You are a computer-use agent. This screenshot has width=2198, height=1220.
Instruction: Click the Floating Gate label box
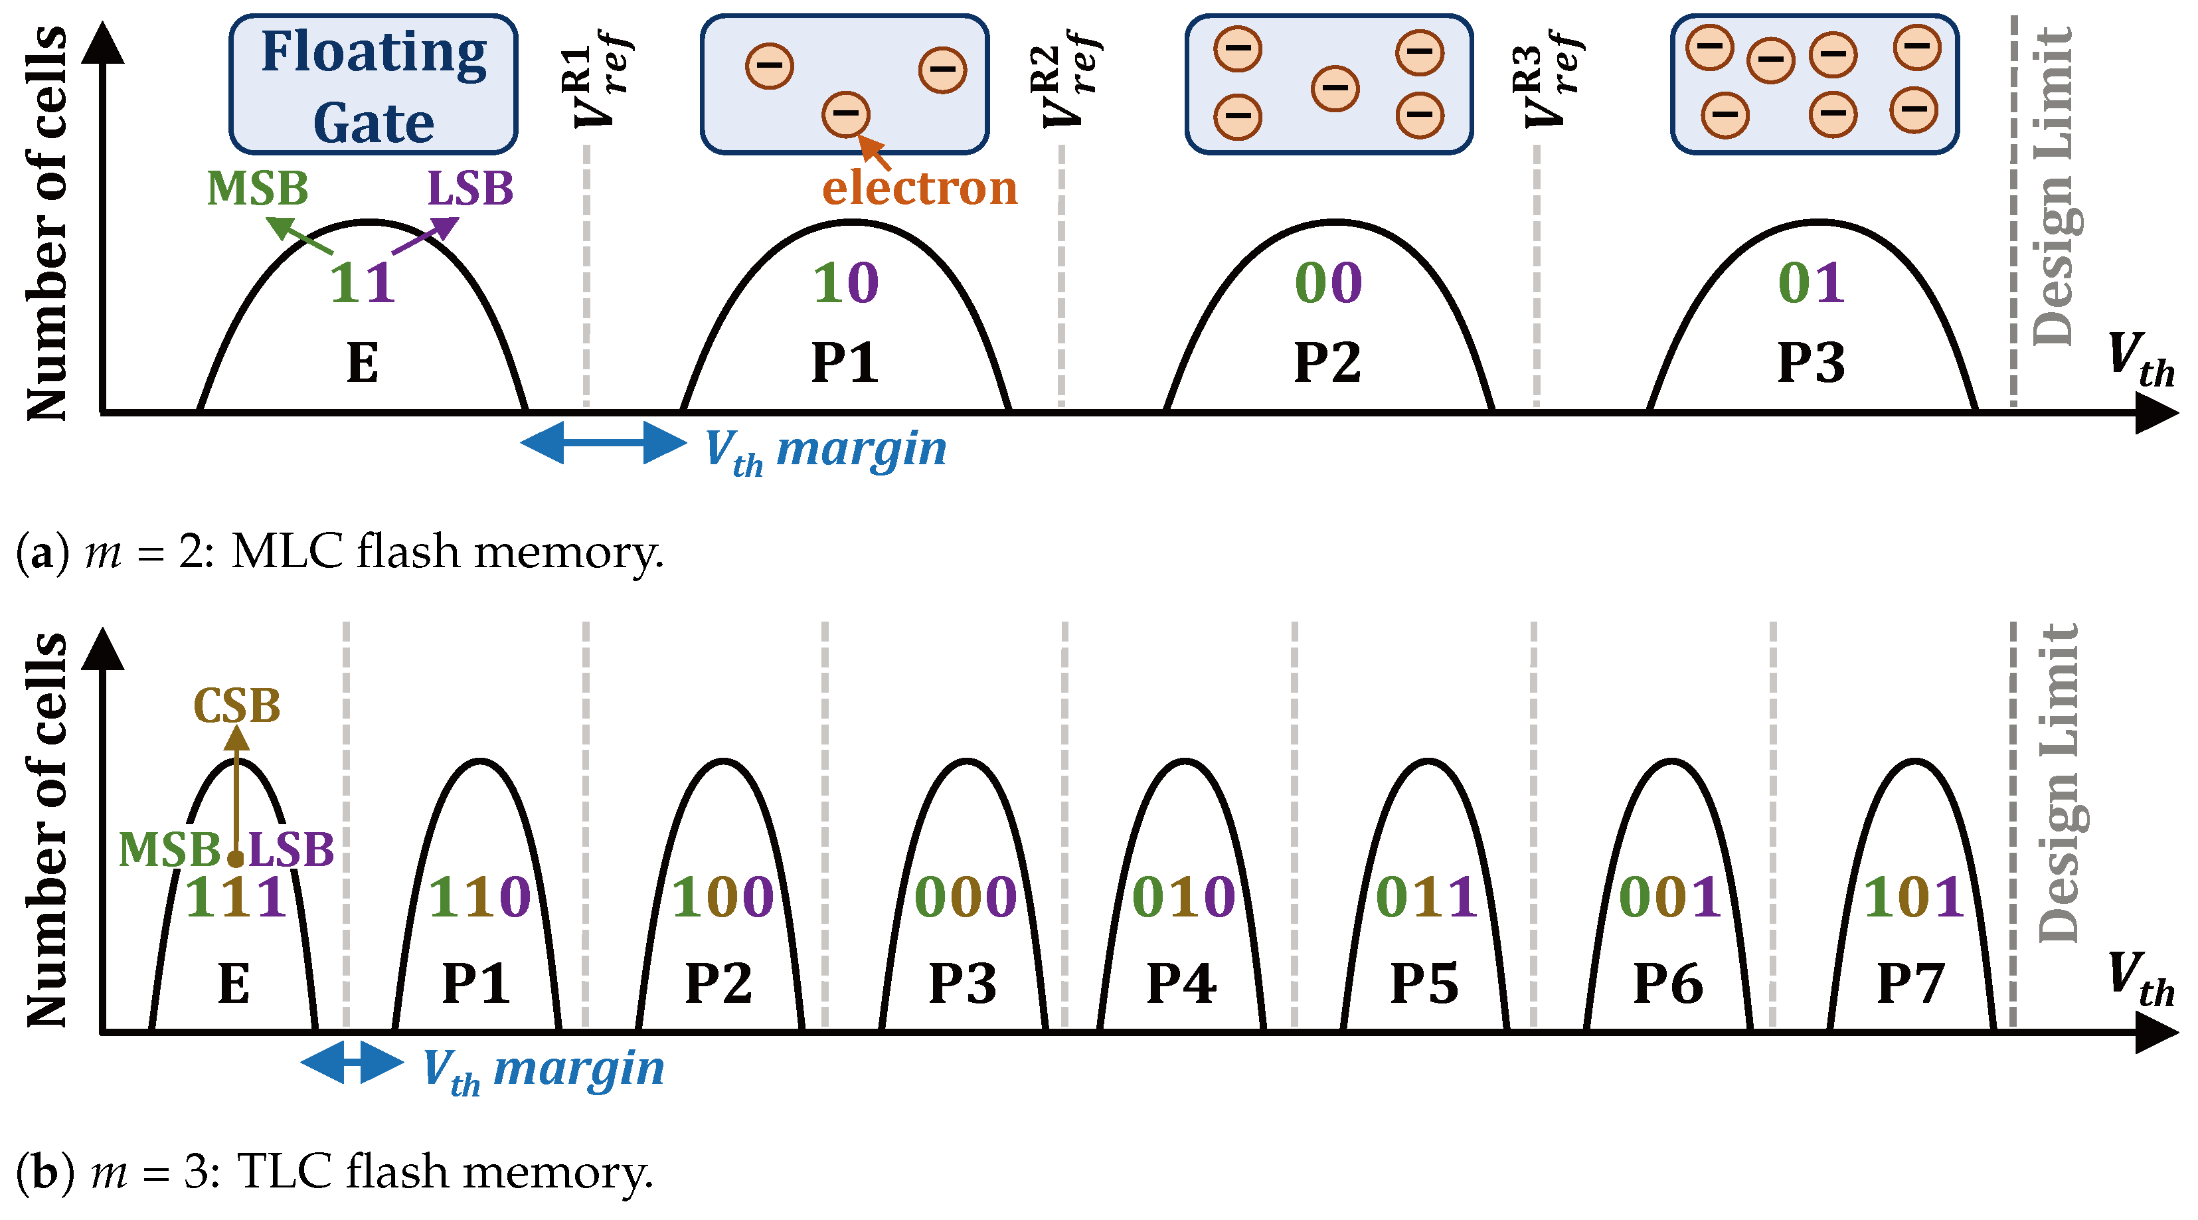point(373,84)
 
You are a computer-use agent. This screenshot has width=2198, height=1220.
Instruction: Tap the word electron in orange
point(919,188)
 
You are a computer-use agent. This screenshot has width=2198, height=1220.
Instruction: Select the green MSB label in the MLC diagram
point(257,189)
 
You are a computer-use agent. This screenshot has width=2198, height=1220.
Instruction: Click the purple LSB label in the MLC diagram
point(470,189)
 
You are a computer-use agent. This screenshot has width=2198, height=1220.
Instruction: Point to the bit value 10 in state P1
point(845,283)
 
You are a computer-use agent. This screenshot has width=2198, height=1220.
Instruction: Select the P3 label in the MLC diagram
point(1811,363)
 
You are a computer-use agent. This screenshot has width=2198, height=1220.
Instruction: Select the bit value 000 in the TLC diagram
point(965,897)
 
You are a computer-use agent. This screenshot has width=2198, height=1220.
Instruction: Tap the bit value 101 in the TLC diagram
point(1914,897)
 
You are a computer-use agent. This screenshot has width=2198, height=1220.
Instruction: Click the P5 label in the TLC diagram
point(1424,984)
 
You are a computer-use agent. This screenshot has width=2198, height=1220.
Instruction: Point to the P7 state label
point(1910,984)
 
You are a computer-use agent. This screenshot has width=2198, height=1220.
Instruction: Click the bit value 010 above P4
point(1183,897)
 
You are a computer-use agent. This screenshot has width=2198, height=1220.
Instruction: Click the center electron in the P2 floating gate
point(1335,89)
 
